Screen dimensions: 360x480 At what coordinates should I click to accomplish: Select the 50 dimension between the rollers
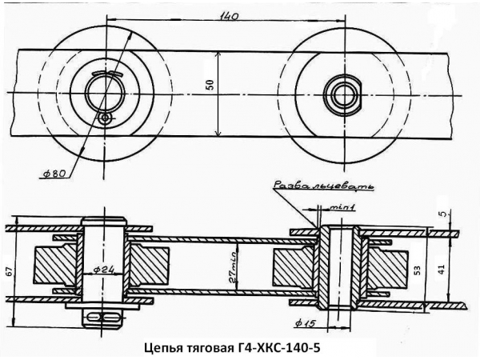[x=210, y=86]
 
